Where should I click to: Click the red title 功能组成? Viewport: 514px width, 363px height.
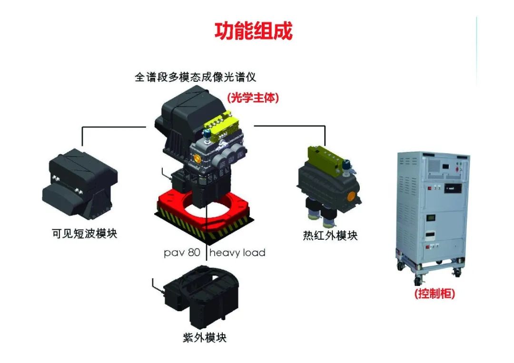[x=253, y=31]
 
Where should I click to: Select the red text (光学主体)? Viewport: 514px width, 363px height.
[x=252, y=98]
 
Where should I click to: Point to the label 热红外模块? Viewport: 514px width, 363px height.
[x=330, y=235]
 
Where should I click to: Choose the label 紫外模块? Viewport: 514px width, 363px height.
[x=205, y=338]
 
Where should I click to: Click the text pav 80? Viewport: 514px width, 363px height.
[x=182, y=253]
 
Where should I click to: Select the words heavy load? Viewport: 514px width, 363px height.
[x=237, y=253]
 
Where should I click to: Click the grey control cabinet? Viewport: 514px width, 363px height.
[x=431, y=209]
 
